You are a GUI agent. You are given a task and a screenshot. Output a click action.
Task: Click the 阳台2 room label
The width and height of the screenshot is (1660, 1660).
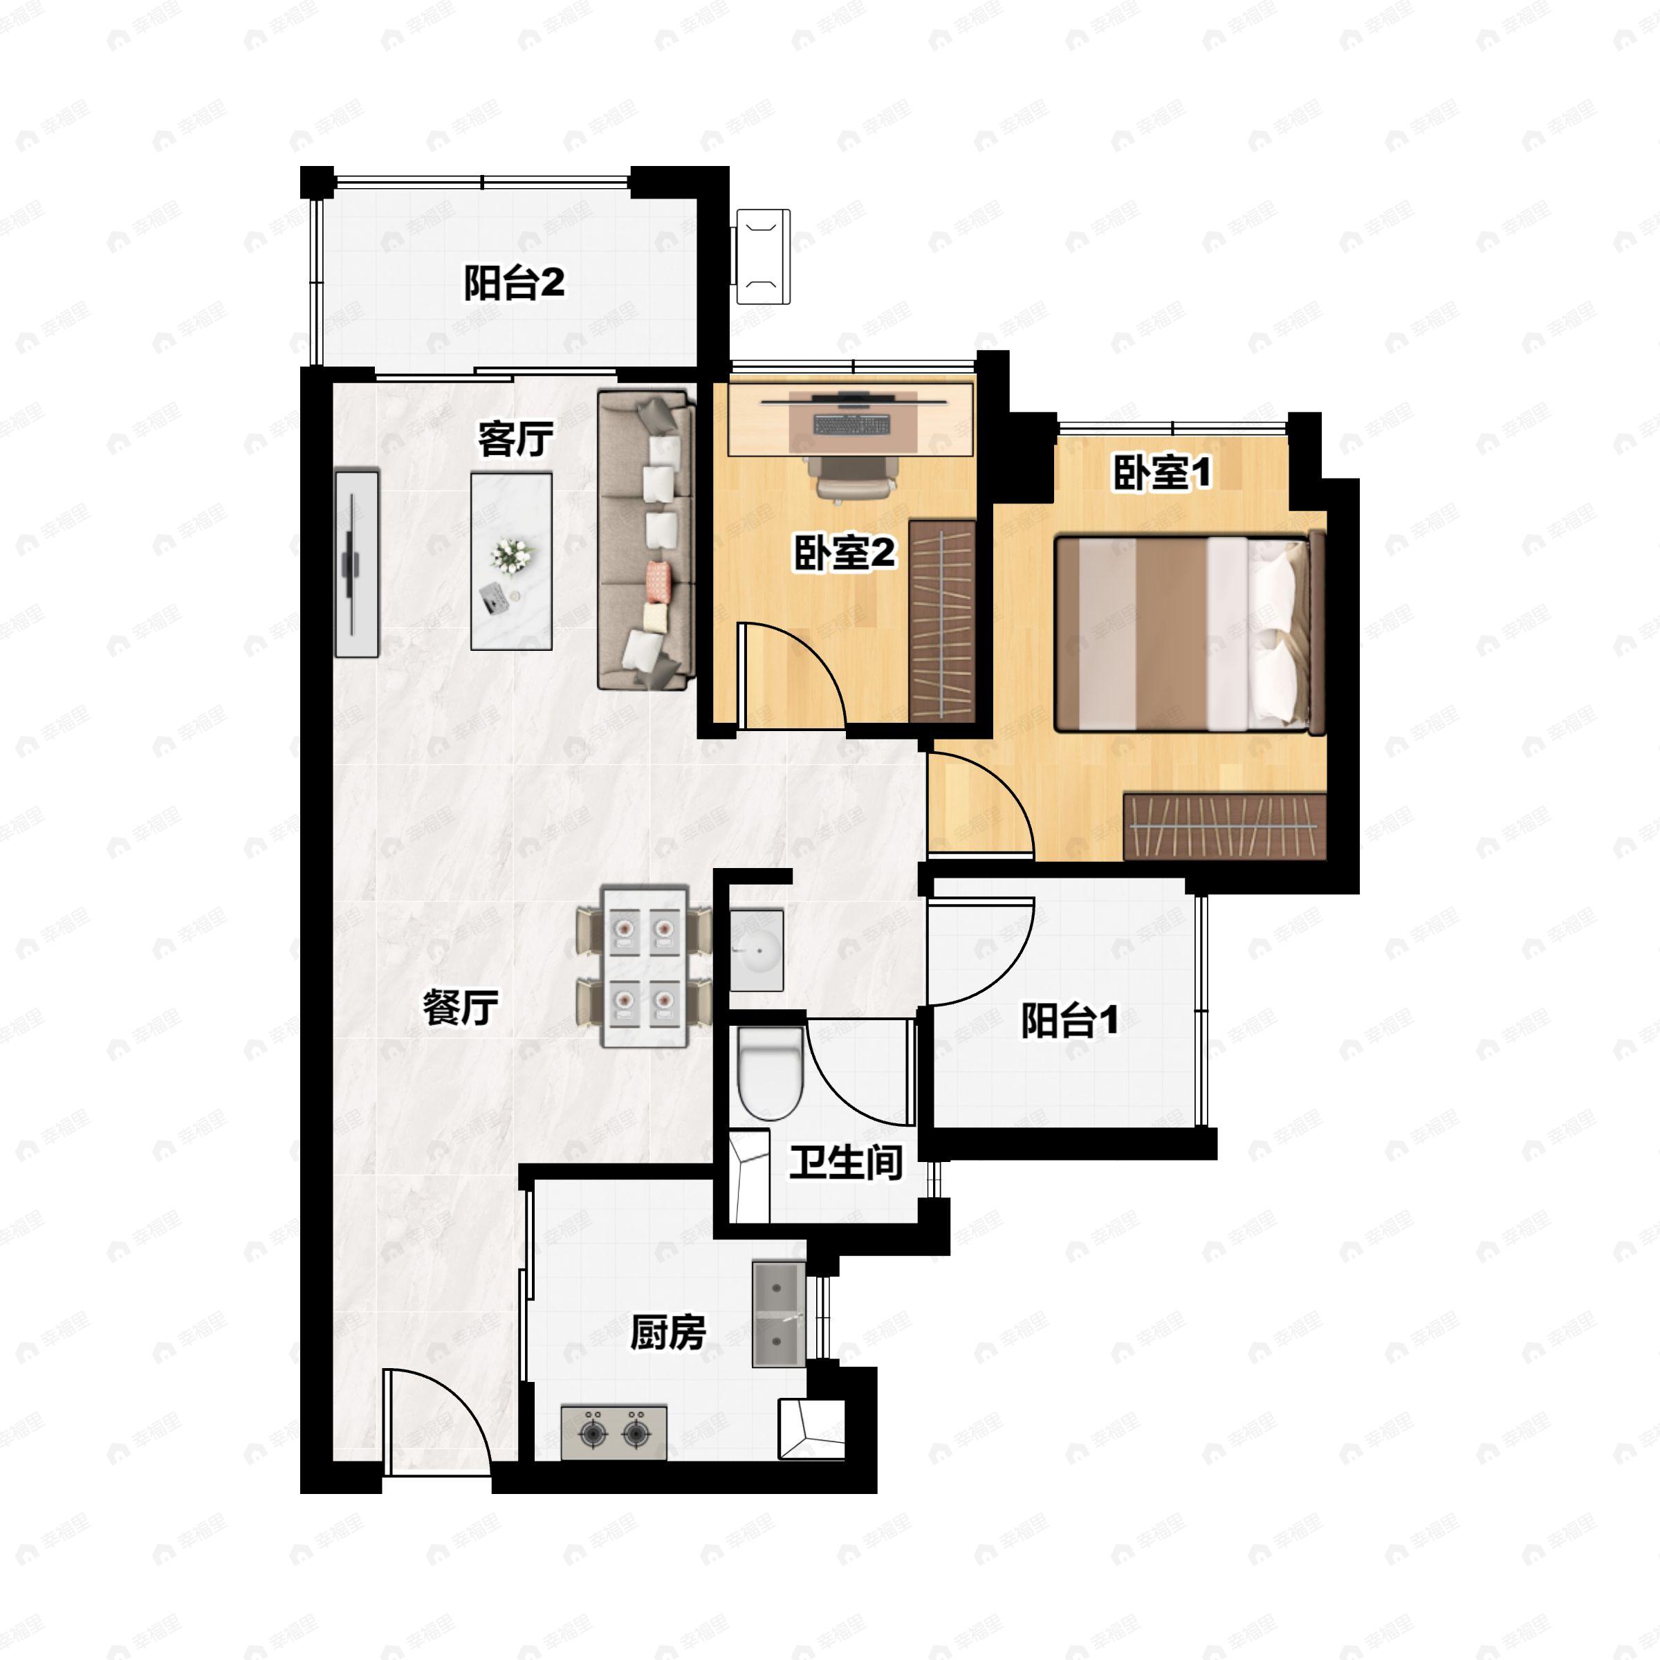click(x=514, y=283)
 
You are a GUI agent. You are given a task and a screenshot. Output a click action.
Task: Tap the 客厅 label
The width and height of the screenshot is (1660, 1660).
click(x=515, y=439)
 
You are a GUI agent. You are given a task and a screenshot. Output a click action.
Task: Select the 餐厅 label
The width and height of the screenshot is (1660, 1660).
click(x=461, y=1007)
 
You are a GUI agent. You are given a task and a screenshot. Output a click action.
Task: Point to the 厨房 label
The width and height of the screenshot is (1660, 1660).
click(x=667, y=1333)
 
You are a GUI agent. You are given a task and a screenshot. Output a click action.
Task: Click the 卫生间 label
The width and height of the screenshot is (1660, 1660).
click(x=847, y=1163)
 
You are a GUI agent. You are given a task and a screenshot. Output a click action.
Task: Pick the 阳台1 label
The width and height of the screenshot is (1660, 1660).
click(x=1070, y=1020)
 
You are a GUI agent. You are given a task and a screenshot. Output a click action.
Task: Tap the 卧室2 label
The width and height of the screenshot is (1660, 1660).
click(x=844, y=553)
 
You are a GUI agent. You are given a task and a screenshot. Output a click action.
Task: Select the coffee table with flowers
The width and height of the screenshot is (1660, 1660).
click(x=511, y=561)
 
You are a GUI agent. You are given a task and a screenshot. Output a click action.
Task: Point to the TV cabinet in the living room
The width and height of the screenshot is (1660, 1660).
click(x=357, y=564)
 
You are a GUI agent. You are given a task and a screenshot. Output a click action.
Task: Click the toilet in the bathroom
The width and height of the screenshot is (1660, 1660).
click(x=771, y=1073)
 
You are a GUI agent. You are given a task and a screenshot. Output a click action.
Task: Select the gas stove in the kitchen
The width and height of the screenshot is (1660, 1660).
click(x=614, y=1432)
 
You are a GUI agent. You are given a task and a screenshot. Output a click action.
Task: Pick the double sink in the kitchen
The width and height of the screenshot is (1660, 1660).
click(x=778, y=1313)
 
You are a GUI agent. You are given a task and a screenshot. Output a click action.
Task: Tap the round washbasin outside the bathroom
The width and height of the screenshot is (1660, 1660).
click(x=757, y=950)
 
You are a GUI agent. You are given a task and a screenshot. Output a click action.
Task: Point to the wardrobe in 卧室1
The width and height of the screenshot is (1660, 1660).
click(x=1225, y=826)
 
